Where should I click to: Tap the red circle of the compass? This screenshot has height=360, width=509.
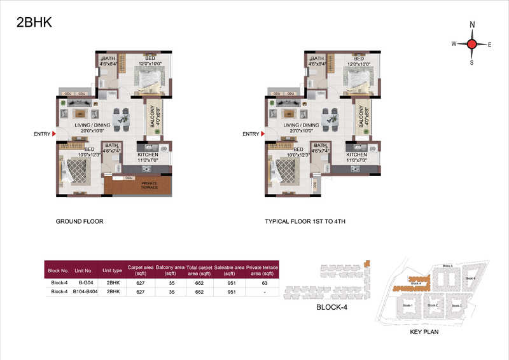click(x=471, y=44)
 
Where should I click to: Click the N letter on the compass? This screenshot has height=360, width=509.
click(x=471, y=25)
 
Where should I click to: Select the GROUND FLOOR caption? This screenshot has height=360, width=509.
click(x=80, y=222)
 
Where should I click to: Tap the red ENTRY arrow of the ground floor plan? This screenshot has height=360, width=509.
click(x=54, y=134)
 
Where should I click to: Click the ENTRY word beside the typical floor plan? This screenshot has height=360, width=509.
click(x=251, y=134)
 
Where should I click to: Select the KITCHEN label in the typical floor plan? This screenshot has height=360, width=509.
click(x=356, y=155)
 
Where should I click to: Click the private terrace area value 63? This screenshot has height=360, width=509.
click(x=263, y=282)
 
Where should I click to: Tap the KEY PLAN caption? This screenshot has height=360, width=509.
click(x=425, y=331)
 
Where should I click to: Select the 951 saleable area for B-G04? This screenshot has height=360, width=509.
click(x=229, y=282)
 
